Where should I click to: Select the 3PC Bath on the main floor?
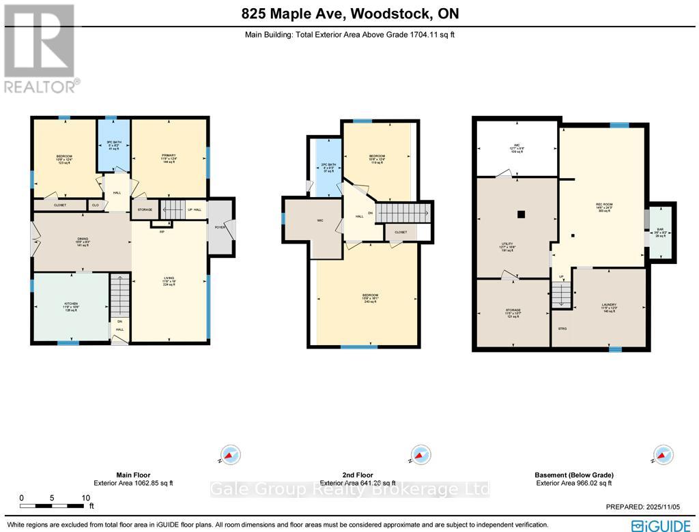pyautogui.click(x=113, y=146)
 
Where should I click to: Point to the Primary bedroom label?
pyautogui.click(x=169, y=158)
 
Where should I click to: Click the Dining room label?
pyautogui.click(x=83, y=241)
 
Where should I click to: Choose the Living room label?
pyautogui.click(x=169, y=280)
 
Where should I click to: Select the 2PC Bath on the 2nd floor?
pyautogui.click(x=328, y=168)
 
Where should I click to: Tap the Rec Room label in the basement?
pyautogui.click(x=601, y=209)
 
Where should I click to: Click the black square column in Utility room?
pyautogui.click(x=522, y=214)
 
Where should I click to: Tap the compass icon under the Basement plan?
pyautogui.click(x=660, y=454)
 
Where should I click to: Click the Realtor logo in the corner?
pyautogui.click(x=40, y=48)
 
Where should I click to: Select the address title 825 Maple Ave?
pyautogui.click(x=349, y=13)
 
